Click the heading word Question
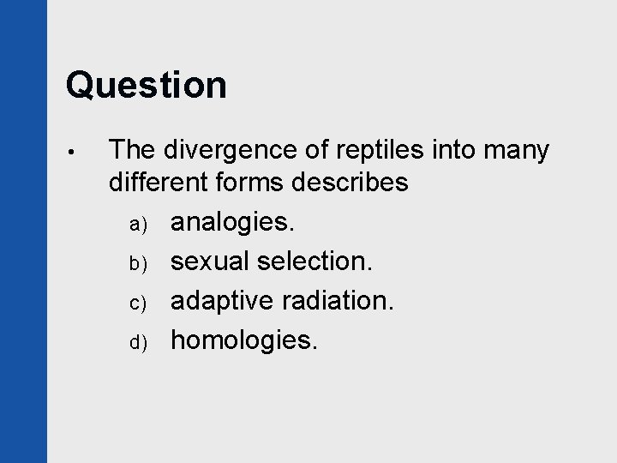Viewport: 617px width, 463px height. pyautogui.click(x=146, y=86)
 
